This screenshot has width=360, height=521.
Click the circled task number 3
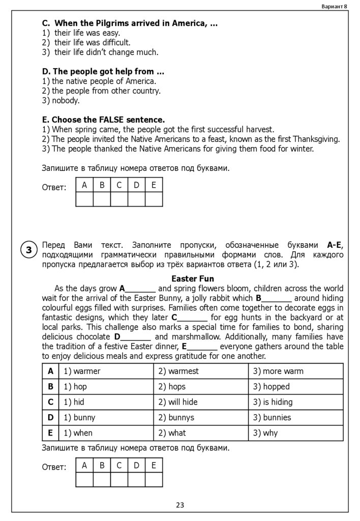point(29,250)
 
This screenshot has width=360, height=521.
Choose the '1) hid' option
point(74,402)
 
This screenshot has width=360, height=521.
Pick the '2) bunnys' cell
point(176,418)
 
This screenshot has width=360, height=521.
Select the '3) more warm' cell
point(278,371)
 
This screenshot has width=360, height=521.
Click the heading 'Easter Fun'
point(193,279)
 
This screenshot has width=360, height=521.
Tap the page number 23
point(180,505)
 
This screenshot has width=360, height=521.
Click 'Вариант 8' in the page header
point(335,6)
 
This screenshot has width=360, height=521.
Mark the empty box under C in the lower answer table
point(119,480)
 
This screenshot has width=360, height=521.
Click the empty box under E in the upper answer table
point(154,199)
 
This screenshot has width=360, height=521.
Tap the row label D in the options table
point(50,418)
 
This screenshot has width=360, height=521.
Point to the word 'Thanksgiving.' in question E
point(315,139)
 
